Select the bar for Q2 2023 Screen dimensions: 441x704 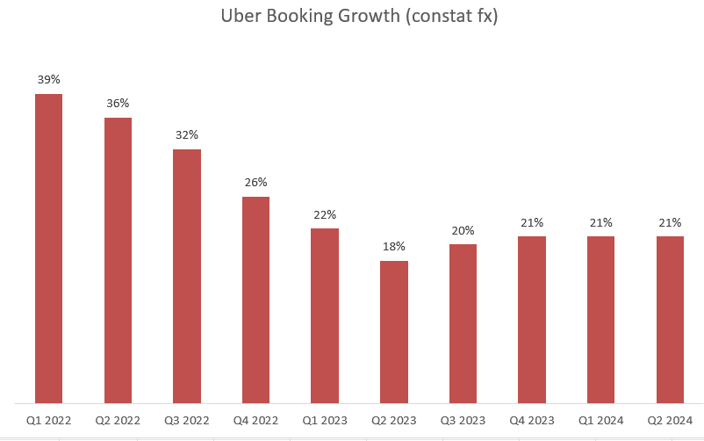tap(394, 332)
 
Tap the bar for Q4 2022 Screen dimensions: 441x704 tap(255, 300)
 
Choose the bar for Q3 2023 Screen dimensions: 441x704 tap(463, 323)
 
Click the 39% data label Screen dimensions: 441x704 tap(49, 79)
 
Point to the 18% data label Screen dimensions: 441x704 tap(394, 246)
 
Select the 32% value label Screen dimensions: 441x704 tap(187, 134)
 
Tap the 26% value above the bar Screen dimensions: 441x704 tap(255, 182)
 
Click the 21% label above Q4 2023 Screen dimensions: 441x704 tap(532, 222)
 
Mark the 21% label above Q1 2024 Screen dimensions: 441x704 tap(601, 222)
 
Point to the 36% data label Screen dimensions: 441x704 tap(118, 103)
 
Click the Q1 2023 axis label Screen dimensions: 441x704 tap(325, 421)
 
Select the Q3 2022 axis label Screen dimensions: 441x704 tap(187, 421)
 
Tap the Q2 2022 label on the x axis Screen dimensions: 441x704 tap(118, 421)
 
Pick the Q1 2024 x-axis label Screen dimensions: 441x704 tap(601, 421)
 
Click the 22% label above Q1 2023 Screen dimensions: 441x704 tap(325, 214)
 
